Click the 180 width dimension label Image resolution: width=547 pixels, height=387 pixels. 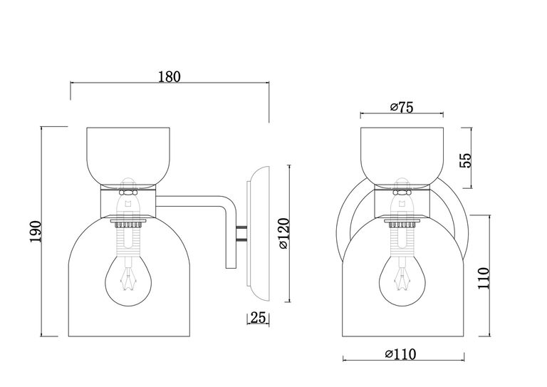click(170, 76)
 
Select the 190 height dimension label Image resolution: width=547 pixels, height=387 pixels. click(36, 232)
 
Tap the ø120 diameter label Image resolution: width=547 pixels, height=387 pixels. click(284, 233)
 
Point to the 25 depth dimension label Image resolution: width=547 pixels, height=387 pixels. click(258, 317)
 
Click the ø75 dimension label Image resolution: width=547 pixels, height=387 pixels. click(402, 107)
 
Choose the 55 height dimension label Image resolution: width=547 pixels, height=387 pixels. click(465, 160)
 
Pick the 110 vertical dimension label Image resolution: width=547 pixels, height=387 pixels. click(484, 278)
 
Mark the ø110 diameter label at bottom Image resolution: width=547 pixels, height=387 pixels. click(400, 354)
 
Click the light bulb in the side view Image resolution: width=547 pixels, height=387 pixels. click(129, 280)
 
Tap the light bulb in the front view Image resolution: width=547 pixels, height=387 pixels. click(402, 280)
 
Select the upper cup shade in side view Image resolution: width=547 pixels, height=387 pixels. click(128, 156)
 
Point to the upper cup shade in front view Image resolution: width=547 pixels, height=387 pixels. click(402, 156)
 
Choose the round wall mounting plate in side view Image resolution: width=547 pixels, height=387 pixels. click(258, 234)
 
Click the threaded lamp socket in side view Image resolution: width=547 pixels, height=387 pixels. click(128, 238)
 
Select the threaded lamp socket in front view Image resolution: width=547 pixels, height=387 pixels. click(402, 238)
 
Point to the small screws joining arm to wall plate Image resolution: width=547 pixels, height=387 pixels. click(241, 234)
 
